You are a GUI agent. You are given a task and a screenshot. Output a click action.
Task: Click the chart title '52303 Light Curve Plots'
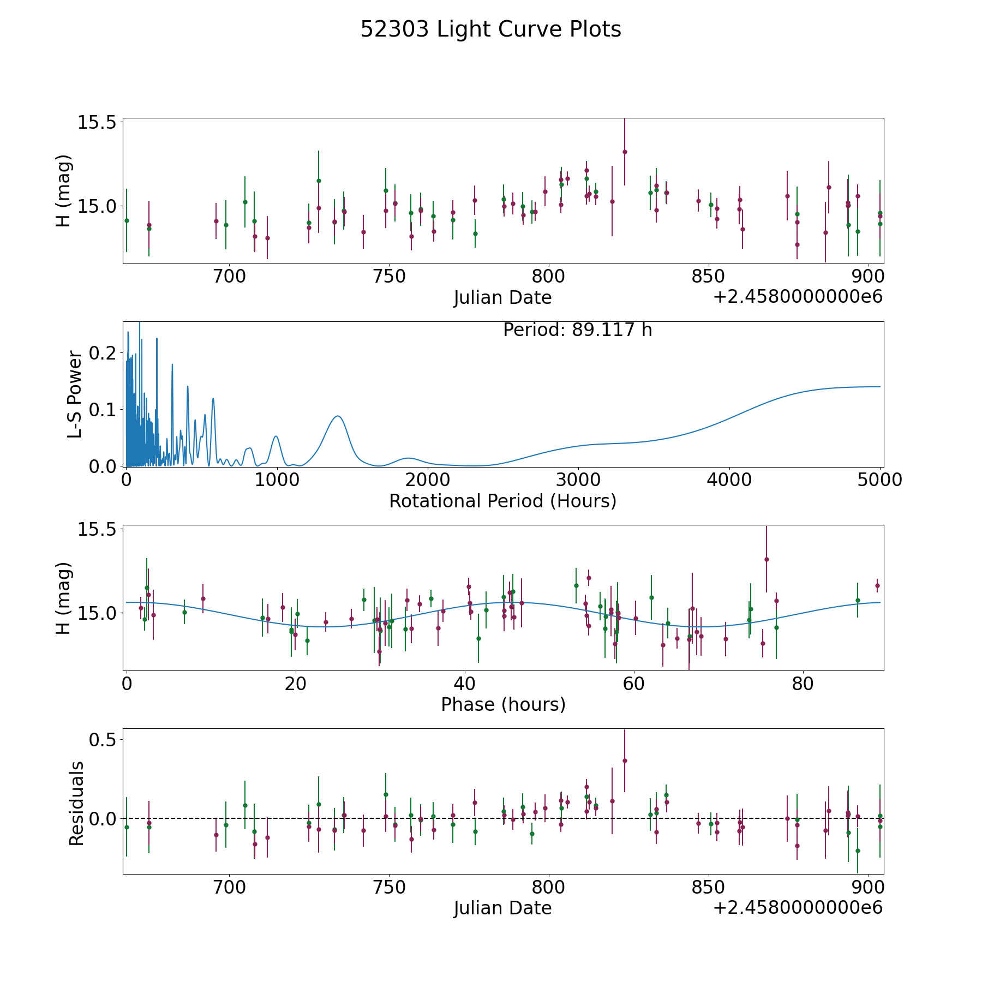[490, 29]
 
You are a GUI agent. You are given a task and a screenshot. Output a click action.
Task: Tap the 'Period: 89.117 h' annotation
[577, 330]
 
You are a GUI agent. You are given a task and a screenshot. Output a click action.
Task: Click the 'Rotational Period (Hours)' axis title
[502, 501]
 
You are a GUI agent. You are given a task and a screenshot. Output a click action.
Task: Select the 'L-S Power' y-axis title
[75, 394]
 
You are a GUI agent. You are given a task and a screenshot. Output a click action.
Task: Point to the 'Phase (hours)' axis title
[503, 704]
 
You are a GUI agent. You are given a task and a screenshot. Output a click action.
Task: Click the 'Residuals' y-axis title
[76, 803]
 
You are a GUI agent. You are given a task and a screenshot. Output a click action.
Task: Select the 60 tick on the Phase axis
[634, 684]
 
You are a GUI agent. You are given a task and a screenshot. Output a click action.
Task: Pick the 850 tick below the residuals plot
[708, 887]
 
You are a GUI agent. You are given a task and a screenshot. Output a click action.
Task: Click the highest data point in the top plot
[625, 152]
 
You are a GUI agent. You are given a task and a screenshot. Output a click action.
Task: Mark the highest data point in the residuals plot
[625, 761]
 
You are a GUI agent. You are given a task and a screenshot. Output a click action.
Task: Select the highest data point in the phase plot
[767, 559]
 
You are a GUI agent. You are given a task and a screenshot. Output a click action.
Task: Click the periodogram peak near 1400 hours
[338, 416]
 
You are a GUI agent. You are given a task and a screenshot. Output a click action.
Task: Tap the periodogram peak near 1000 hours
[276, 436]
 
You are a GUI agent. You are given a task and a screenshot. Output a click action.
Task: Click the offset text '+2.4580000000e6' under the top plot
[798, 297]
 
